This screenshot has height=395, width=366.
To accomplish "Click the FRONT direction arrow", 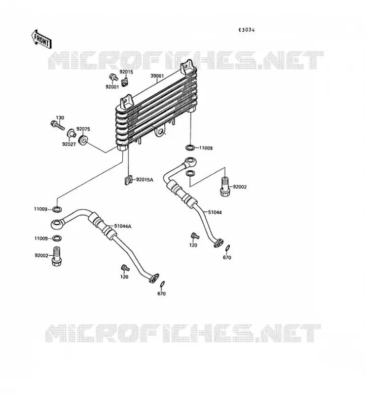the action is (41, 39).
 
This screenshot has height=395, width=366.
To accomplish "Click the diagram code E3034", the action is (247, 30).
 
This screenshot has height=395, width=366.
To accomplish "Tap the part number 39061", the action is (157, 76).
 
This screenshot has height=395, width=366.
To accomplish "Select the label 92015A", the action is (145, 180).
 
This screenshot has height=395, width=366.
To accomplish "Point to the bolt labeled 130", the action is (57, 125).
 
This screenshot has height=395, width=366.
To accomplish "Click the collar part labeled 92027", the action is (72, 133).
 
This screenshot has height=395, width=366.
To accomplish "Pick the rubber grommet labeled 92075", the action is (83, 140).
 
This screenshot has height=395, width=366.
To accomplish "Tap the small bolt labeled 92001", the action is (114, 77).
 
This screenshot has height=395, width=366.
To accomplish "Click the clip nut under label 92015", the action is (125, 82).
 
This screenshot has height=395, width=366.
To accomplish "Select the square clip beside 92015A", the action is (129, 180).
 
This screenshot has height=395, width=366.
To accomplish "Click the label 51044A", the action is (123, 226).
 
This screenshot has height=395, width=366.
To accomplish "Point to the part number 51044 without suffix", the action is (215, 212).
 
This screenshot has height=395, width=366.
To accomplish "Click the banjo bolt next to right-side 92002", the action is (225, 187).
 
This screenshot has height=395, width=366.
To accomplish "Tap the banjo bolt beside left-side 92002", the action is (57, 256).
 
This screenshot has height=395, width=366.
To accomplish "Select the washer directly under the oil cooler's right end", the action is (190, 147).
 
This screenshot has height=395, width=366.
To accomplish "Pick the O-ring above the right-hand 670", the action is (227, 248).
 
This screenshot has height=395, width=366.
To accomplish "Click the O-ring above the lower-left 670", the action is (163, 284).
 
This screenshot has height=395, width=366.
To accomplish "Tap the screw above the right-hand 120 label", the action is (195, 236).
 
